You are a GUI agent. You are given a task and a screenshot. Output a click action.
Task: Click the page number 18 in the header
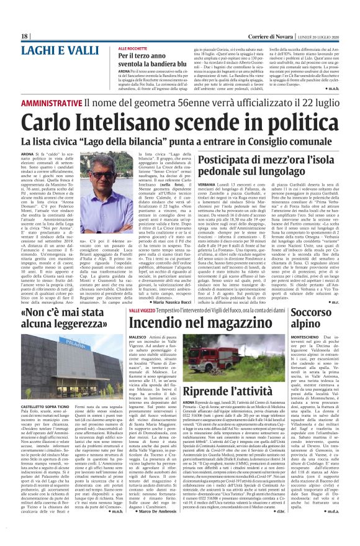click(x=24, y=37)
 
